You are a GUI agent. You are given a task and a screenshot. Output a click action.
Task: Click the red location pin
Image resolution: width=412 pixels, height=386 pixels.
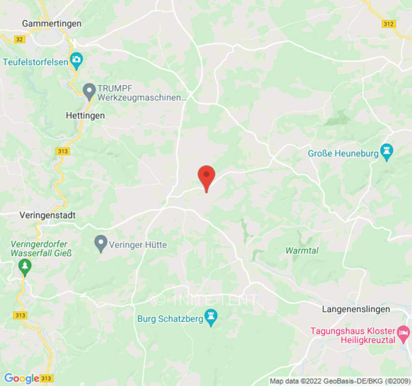click(x=207, y=176)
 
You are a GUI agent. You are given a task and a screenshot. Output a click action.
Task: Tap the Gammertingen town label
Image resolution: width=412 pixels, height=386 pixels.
click(x=52, y=24)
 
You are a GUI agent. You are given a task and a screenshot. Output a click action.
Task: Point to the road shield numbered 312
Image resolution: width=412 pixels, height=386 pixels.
click(x=388, y=24)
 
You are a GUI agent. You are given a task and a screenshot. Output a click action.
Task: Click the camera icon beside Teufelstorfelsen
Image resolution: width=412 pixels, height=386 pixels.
click(x=76, y=61)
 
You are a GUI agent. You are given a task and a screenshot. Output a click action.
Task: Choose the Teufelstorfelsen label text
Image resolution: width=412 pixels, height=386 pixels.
click(x=36, y=62)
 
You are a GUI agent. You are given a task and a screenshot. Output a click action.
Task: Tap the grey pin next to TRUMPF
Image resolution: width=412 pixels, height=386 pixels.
click(x=89, y=91)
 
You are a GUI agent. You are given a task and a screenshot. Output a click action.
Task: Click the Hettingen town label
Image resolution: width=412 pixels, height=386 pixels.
click(x=85, y=116)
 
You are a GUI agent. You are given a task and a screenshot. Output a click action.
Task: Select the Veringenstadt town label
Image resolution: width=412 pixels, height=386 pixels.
click(x=47, y=215)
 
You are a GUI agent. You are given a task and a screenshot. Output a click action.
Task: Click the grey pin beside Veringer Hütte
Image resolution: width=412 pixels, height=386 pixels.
click(x=100, y=244)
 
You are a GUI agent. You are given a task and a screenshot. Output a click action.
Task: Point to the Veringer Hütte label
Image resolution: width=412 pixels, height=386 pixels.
click(x=138, y=245)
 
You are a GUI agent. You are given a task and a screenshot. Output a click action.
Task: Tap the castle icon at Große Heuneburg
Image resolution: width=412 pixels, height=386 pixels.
click(x=386, y=153)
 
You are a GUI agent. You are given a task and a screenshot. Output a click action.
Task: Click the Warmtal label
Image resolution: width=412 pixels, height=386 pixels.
click(x=302, y=250)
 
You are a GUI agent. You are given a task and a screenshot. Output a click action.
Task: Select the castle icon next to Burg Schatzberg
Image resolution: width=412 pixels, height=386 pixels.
click(x=211, y=318)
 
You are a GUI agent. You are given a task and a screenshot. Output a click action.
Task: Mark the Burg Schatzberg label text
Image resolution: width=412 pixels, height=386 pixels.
click(x=170, y=318)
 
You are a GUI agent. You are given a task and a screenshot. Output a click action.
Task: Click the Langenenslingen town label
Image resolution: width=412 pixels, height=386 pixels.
click(x=356, y=309)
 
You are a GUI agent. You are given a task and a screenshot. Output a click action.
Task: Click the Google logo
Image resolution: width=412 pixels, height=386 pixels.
click(x=22, y=378)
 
